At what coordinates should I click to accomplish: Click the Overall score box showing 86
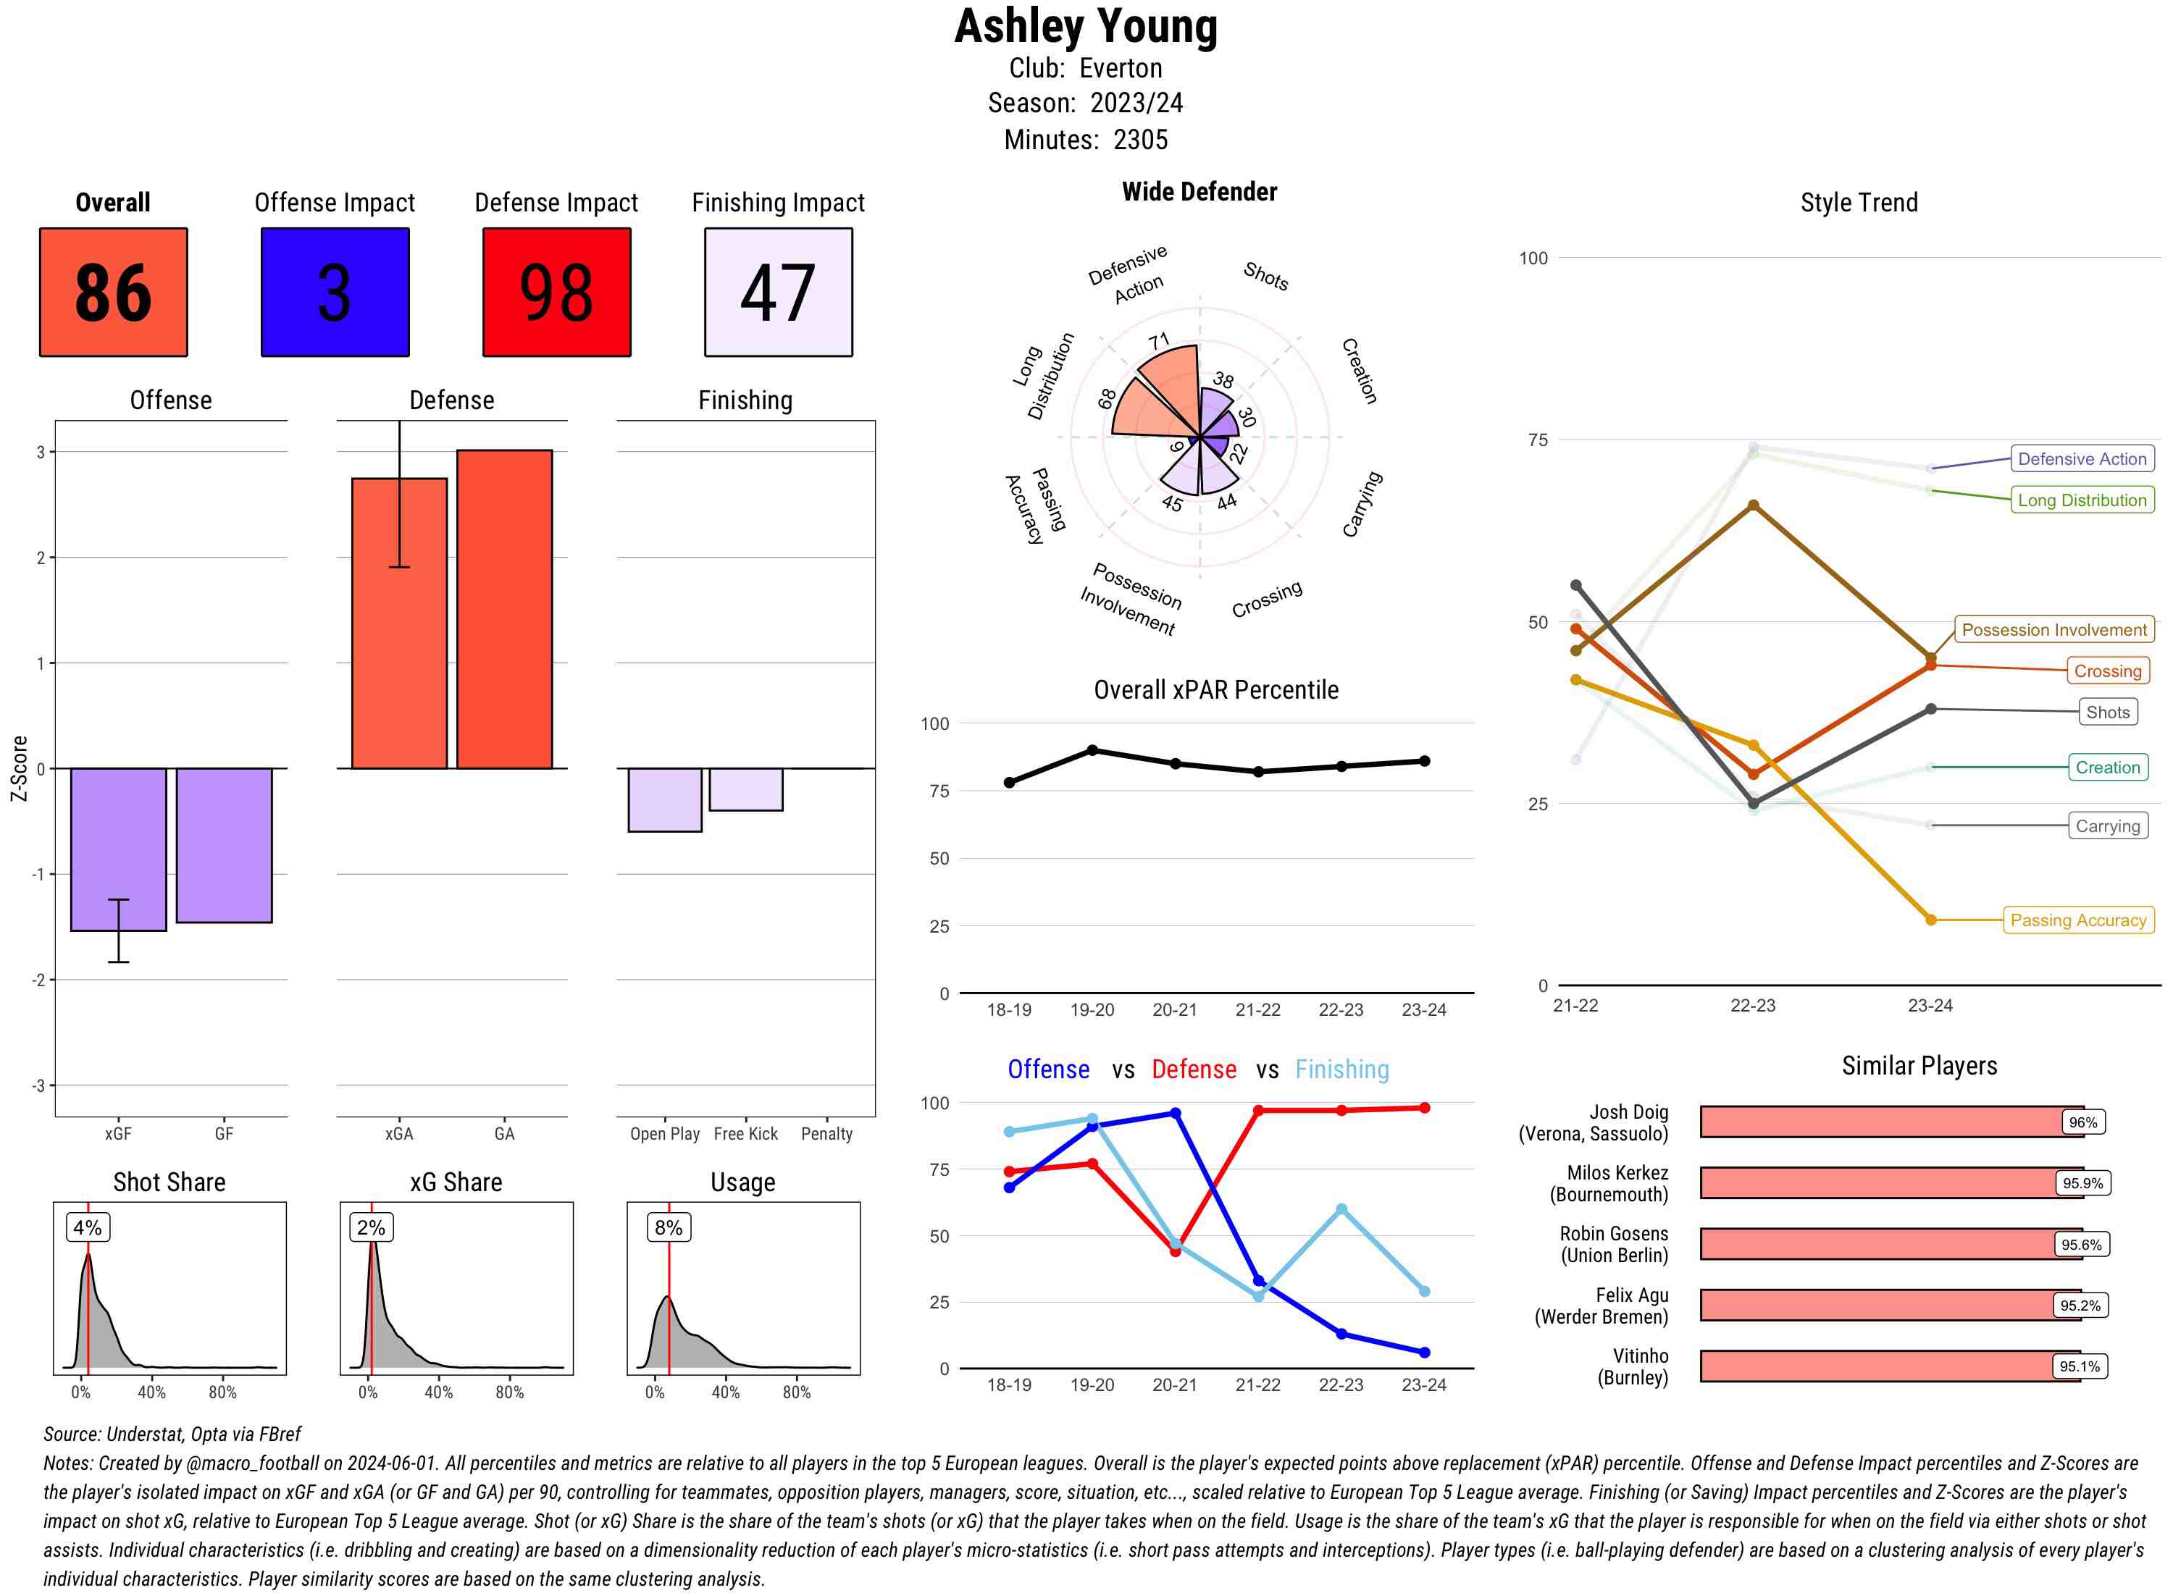[113, 293]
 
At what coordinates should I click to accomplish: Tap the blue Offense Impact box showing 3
[335, 293]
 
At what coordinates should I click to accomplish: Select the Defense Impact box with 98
[556, 293]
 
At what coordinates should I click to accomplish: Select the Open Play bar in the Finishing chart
[664, 799]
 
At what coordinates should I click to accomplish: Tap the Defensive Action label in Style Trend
[2082, 459]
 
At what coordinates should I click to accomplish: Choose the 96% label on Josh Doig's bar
[2082, 1122]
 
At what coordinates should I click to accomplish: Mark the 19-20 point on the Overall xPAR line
[1092, 750]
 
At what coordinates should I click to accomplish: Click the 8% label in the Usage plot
[669, 1227]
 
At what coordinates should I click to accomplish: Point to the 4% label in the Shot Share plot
[88, 1227]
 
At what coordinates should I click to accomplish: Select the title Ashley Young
[1086, 27]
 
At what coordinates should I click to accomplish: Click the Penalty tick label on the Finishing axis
[826, 1134]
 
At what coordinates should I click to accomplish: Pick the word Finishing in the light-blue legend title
[1341, 1069]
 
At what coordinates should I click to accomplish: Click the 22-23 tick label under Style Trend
[1752, 1006]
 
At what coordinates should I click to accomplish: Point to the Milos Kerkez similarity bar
[1891, 1183]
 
